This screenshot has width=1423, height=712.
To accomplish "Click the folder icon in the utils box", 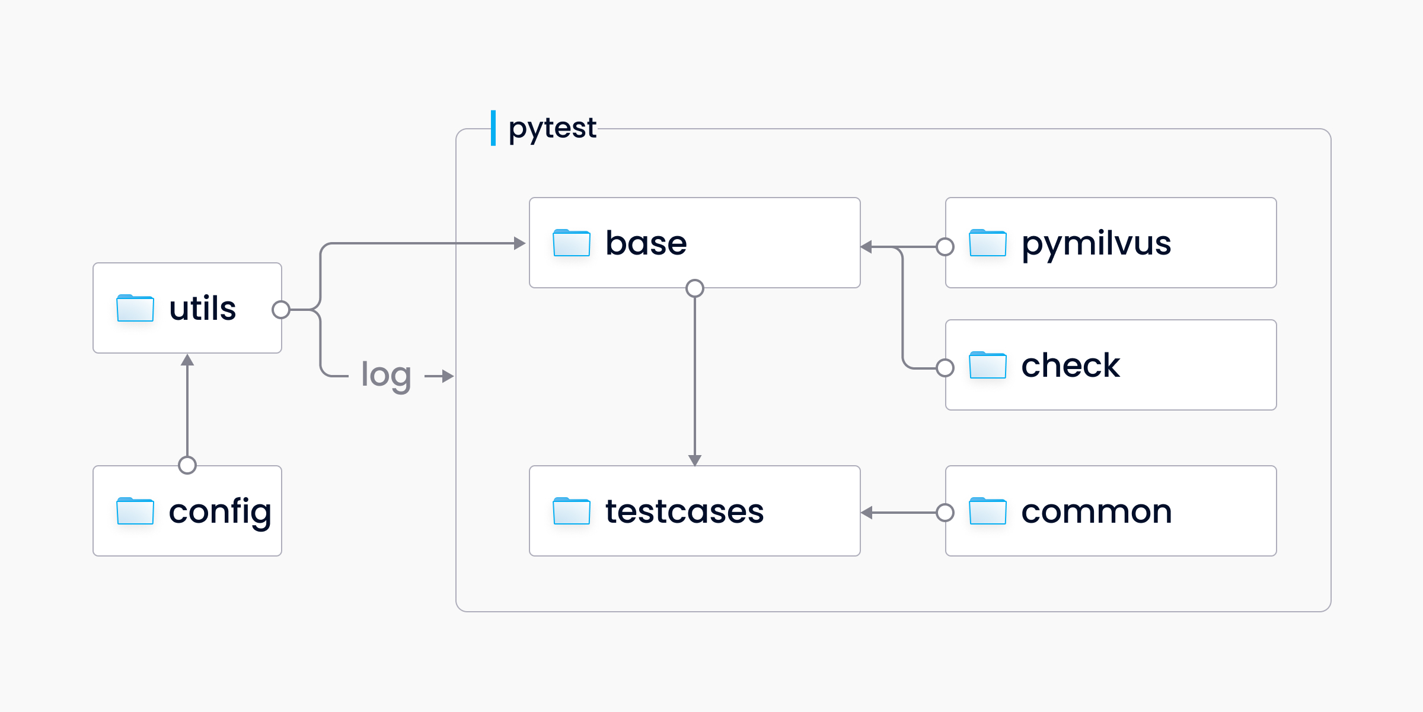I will [135, 308].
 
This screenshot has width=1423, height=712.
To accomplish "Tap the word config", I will [220, 511].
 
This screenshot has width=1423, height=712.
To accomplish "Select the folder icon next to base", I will [571, 243].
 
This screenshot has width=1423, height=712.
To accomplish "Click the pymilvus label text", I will [1096, 243].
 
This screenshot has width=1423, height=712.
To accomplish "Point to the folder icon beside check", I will [987, 365].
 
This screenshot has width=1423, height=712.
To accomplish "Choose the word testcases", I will [684, 511].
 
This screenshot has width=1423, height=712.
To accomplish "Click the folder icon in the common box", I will [987, 511].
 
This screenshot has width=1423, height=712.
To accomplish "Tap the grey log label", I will [386, 375].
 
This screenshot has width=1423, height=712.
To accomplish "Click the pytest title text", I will [552, 128].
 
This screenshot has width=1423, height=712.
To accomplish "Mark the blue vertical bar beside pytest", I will [493, 128].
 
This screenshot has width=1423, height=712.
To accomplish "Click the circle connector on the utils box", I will [281, 310].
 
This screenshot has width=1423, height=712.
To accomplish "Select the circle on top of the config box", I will [187, 465].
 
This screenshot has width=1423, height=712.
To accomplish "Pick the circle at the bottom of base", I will [695, 288].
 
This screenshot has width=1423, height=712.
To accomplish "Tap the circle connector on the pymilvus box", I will [945, 247].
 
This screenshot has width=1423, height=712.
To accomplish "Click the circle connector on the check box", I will [945, 368].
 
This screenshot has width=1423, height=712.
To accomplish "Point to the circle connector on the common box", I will [945, 513].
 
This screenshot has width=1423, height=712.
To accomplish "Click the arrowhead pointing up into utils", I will [187, 360].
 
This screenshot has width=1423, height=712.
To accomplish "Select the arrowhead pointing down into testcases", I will [695, 460].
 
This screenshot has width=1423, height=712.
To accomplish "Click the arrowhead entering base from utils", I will [519, 243].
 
